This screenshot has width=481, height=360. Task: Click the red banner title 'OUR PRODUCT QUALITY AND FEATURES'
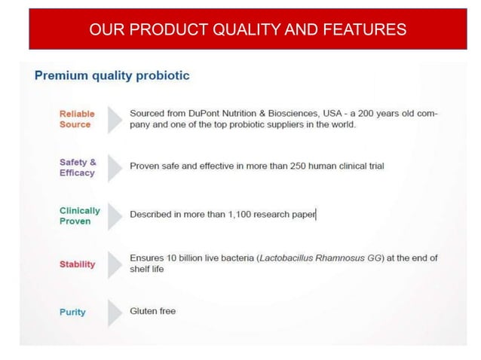click(247, 30)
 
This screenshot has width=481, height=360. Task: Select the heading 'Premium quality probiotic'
click(112, 76)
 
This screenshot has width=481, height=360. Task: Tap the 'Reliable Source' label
click(77, 119)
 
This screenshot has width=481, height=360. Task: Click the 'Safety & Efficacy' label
click(78, 167)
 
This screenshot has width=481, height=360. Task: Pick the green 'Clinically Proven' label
click(79, 216)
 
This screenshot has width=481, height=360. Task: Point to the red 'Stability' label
click(77, 264)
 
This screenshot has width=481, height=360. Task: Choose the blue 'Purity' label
click(72, 313)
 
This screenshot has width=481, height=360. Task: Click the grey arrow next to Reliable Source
click(114, 119)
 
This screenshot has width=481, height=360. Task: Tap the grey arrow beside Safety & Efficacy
click(114, 167)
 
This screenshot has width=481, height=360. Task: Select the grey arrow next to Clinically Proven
click(114, 216)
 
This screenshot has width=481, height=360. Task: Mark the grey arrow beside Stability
click(114, 264)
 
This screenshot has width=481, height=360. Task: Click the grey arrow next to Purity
click(114, 313)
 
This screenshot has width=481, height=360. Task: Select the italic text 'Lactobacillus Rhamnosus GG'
click(320, 258)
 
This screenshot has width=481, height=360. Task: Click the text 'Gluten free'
click(152, 311)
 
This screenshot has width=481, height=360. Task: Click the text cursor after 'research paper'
click(316, 215)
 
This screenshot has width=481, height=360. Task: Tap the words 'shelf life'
click(146, 270)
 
